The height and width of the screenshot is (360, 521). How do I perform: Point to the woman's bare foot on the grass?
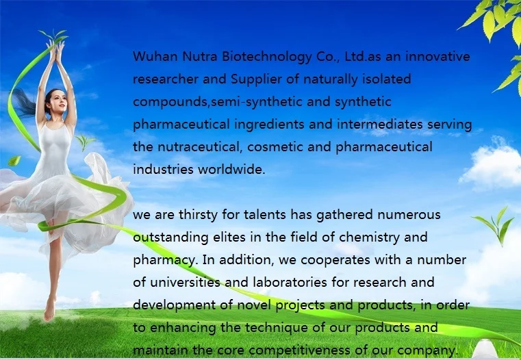pyautogui.click(x=49, y=311)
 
